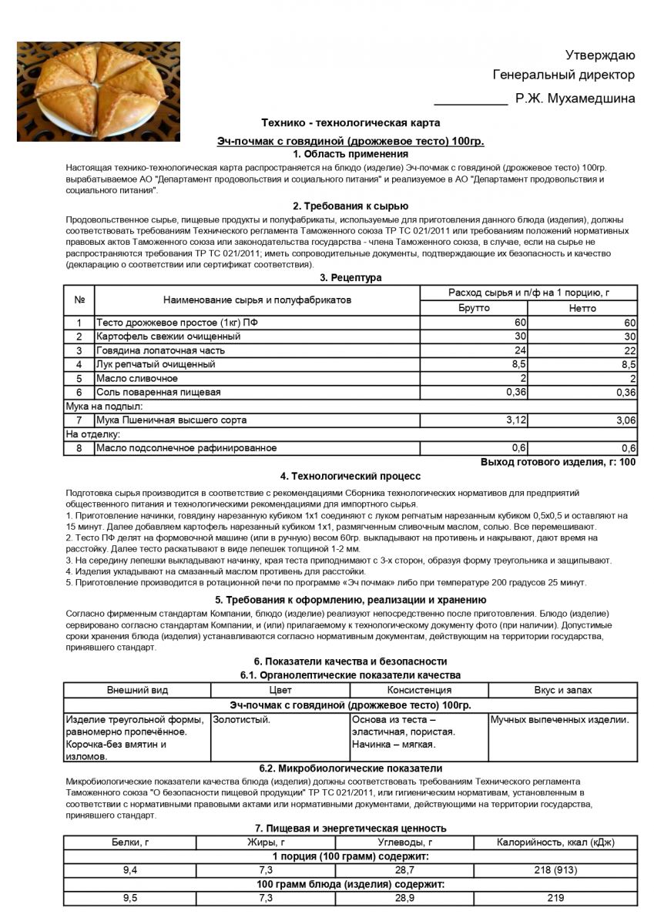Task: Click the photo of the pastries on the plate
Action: point(99,91)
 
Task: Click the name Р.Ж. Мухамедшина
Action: point(575,98)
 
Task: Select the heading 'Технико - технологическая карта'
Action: point(350,122)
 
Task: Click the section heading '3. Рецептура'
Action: point(350,277)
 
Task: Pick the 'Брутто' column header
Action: point(474,308)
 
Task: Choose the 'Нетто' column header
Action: point(582,308)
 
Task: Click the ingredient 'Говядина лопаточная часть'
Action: point(154,350)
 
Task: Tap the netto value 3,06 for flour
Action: point(623,420)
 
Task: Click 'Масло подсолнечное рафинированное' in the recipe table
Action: point(186,447)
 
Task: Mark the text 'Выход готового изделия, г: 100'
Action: point(558,462)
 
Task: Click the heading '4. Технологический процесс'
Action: point(350,477)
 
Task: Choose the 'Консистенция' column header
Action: point(419,690)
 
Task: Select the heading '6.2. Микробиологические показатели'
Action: point(350,768)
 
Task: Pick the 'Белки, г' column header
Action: point(130,842)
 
